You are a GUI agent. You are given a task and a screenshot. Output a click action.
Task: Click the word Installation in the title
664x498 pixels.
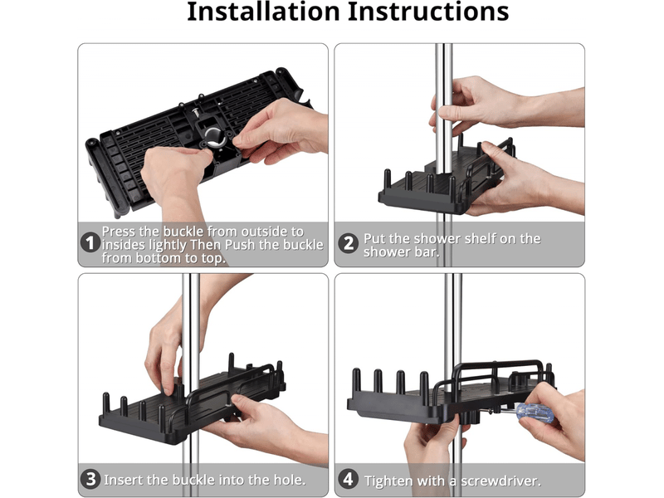click(263, 12)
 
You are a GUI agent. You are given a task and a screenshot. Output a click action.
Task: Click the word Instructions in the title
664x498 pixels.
click(428, 12)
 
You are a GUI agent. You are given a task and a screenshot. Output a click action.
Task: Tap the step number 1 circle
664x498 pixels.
click(90, 243)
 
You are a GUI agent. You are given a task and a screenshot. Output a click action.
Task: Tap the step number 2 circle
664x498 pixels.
click(348, 243)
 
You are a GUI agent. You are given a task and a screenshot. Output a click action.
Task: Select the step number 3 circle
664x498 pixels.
click(90, 480)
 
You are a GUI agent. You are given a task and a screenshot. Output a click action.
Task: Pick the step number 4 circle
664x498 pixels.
click(348, 480)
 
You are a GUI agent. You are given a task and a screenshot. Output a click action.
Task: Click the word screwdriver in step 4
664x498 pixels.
click(500, 481)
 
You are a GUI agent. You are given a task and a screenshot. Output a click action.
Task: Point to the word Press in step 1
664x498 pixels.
click(120, 232)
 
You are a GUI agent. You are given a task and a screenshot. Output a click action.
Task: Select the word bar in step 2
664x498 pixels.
click(429, 252)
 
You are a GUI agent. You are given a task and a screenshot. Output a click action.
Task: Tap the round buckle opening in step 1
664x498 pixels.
click(215, 137)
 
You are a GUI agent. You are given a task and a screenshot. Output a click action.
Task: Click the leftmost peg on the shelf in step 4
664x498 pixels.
click(357, 380)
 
